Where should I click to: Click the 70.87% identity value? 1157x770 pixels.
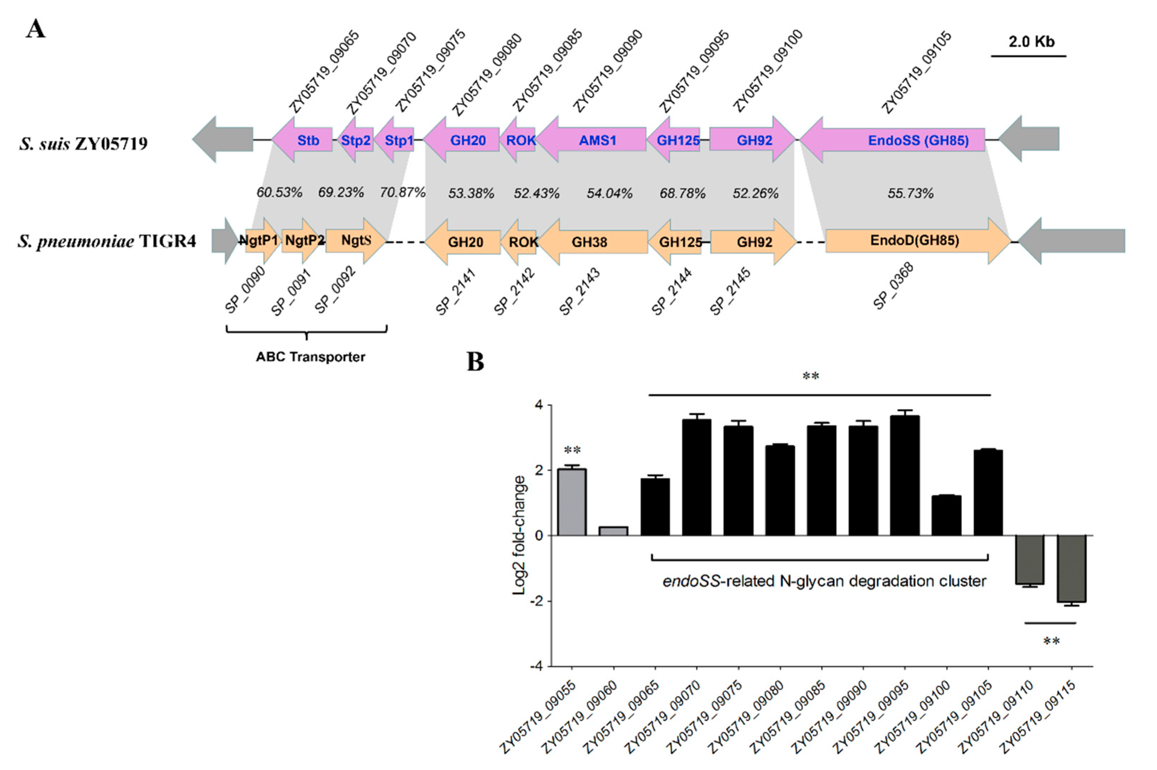pyautogui.click(x=402, y=193)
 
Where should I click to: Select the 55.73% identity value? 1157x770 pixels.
pyautogui.click(x=910, y=193)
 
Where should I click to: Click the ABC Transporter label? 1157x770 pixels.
pyautogui.click(x=310, y=357)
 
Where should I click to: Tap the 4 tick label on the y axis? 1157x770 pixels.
pyautogui.click(x=539, y=406)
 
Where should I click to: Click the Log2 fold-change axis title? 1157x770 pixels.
pyautogui.click(x=519, y=535)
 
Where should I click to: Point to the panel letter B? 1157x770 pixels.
pyautogui.click(x=475, y=362)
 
